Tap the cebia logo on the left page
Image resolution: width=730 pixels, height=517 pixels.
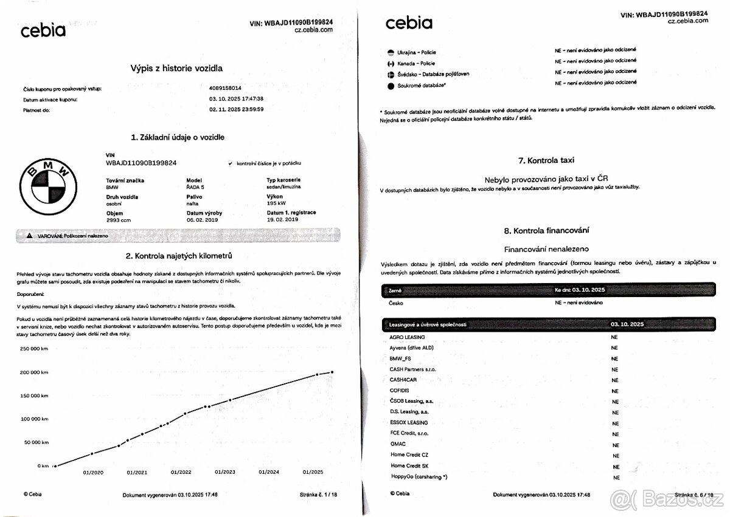(43, 31)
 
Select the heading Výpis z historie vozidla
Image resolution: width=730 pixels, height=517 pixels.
(176, 69)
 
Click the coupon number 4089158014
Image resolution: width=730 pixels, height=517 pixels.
(225, 88)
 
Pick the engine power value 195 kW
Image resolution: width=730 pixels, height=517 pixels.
(277, 204)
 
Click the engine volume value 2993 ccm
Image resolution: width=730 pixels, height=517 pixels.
(118, 220)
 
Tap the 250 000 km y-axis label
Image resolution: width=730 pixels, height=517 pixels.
(35, 349)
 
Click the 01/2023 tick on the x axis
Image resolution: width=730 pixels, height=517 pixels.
(225, 472)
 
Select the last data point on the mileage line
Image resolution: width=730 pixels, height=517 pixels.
(332, 372)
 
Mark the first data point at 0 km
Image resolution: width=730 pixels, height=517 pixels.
(55, 466)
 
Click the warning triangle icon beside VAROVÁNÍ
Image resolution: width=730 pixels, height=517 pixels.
(29, 235)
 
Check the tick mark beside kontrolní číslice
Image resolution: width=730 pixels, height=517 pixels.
(230, 163)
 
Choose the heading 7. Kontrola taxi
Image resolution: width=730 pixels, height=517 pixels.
(546, 160)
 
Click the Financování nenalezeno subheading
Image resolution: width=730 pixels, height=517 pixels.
(546, 249)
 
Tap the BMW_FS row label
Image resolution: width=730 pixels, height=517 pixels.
(400, 358)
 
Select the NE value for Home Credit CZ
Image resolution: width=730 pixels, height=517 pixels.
(615, 456)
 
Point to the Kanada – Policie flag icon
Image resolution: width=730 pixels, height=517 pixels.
(391, 63)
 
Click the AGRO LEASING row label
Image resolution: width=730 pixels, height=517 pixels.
(407, 337)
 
